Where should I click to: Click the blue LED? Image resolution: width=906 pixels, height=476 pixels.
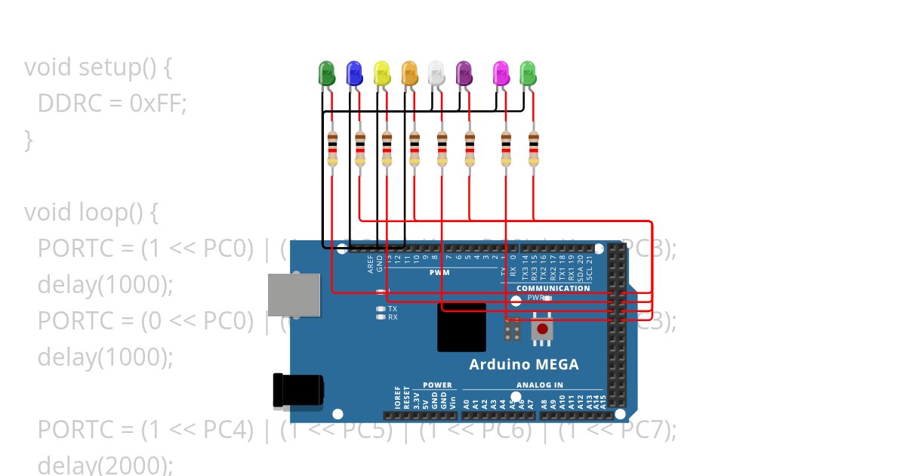tap(353, 73)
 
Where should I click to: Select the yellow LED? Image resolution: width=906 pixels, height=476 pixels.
tap(382, 73)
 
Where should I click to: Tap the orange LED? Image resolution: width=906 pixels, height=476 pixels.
tap(409, 73)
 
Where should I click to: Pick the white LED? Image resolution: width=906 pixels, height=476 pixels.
tap(436, 73)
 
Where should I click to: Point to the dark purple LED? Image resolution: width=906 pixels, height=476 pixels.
tap(464, 73)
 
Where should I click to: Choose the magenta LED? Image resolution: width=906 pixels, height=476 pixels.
tap(501, 73)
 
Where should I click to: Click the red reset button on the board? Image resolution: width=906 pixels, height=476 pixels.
tap(541, 329)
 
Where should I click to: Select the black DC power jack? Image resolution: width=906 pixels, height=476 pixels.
tap(297, 390)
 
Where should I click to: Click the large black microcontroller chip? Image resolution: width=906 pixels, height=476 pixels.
tap(461, 327)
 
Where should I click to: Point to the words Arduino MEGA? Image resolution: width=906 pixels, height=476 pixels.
tap(524, 364)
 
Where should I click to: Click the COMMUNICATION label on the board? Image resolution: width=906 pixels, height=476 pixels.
tap(553, 288)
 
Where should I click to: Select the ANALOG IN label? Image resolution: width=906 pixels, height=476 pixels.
tap(539, 385)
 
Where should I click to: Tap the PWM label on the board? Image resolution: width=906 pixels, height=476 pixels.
tap(439, 272)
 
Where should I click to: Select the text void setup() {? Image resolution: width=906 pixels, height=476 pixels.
tap(98, 67)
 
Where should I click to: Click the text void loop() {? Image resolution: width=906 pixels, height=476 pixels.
tap(91, 212)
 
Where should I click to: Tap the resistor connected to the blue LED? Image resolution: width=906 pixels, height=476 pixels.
tap(360, 148)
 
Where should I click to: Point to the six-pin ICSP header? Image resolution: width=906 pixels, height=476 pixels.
tap(512, 329)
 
